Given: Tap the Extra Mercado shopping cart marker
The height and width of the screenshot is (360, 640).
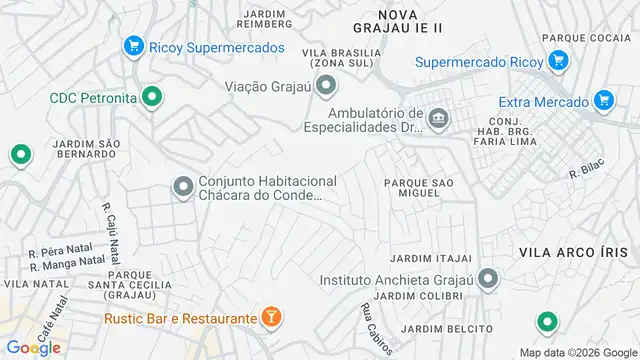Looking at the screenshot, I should (x=602, y=100).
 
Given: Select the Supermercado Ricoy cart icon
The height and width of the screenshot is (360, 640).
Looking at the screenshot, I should (x=559, y=61).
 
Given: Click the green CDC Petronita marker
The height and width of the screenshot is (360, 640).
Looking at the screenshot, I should (x=151, y=97).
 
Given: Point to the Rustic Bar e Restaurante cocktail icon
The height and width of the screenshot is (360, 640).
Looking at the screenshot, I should (x=271, y=318).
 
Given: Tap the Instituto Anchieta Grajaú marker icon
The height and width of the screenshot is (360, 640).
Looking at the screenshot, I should (x=487, y=278).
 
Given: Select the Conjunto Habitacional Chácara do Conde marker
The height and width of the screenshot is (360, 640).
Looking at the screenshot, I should (x=183, y=187).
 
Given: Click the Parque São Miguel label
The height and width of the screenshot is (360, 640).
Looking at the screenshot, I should (x=419, y=187).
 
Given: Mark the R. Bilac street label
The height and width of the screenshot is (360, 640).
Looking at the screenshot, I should (x=584, y=170).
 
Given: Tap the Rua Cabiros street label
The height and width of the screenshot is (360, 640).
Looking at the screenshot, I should (x=368, y=322).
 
